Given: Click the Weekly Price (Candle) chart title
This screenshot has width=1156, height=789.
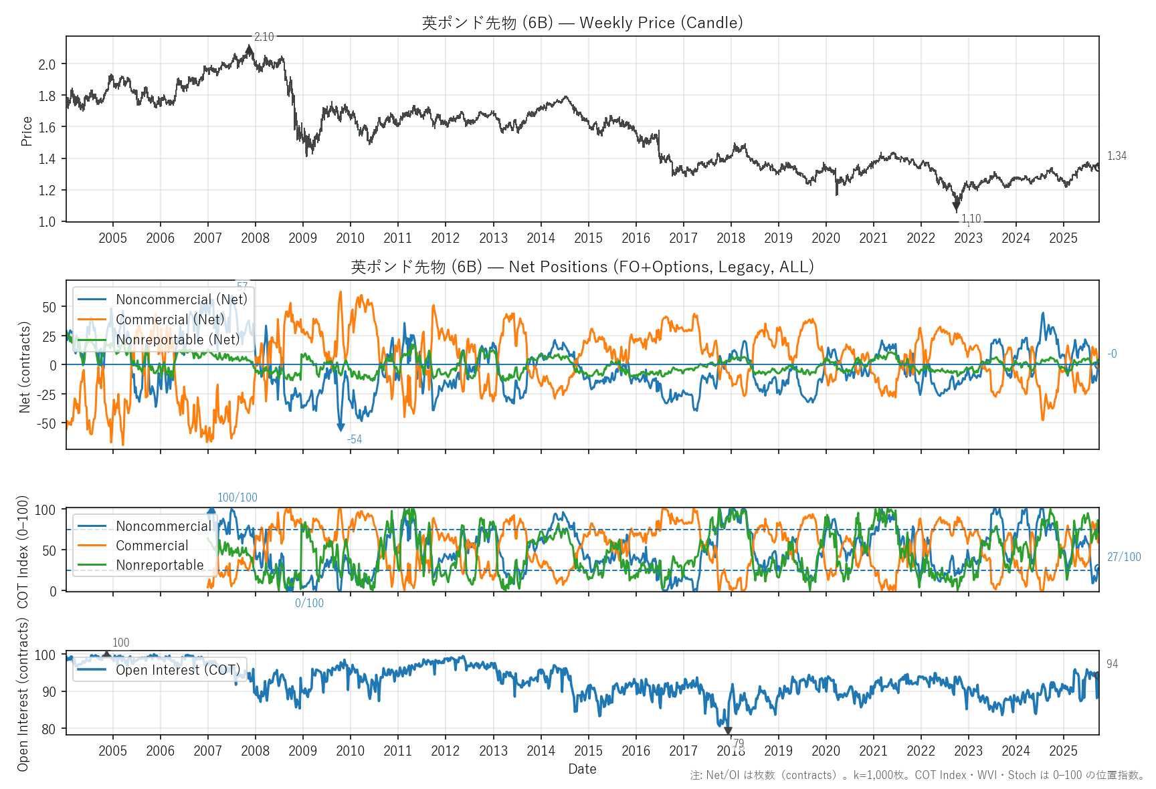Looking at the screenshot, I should point(582,23).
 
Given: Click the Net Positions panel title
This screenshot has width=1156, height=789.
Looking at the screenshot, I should point(582,267).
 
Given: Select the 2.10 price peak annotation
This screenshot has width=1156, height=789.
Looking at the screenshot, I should point(264,37).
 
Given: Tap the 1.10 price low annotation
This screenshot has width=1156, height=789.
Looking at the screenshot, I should point(971,219).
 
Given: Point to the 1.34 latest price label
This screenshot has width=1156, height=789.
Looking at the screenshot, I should point(1117,156).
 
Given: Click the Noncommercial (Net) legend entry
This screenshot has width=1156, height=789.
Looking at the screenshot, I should point(181,300).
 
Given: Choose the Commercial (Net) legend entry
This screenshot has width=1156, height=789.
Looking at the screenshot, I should point(170,320).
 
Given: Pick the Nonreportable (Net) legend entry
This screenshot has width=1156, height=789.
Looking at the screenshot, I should point(177,340).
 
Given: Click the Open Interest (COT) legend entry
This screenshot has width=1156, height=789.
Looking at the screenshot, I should point(177,670).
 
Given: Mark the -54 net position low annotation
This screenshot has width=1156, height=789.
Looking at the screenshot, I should point(355,439).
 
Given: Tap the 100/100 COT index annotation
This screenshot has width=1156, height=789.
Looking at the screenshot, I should point(237,497).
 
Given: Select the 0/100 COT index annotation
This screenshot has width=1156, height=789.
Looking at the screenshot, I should point(309,603).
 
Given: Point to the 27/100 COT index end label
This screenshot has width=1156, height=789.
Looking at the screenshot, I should point(1124,557).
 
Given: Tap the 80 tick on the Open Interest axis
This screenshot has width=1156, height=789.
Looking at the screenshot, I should point(48,729).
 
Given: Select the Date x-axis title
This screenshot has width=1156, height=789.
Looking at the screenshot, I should point(582,769).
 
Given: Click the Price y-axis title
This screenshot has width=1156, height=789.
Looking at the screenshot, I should point(27,131).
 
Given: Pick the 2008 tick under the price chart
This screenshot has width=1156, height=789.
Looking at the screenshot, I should point(255,238).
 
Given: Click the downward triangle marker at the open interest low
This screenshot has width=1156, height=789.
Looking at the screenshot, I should point(728,731).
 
